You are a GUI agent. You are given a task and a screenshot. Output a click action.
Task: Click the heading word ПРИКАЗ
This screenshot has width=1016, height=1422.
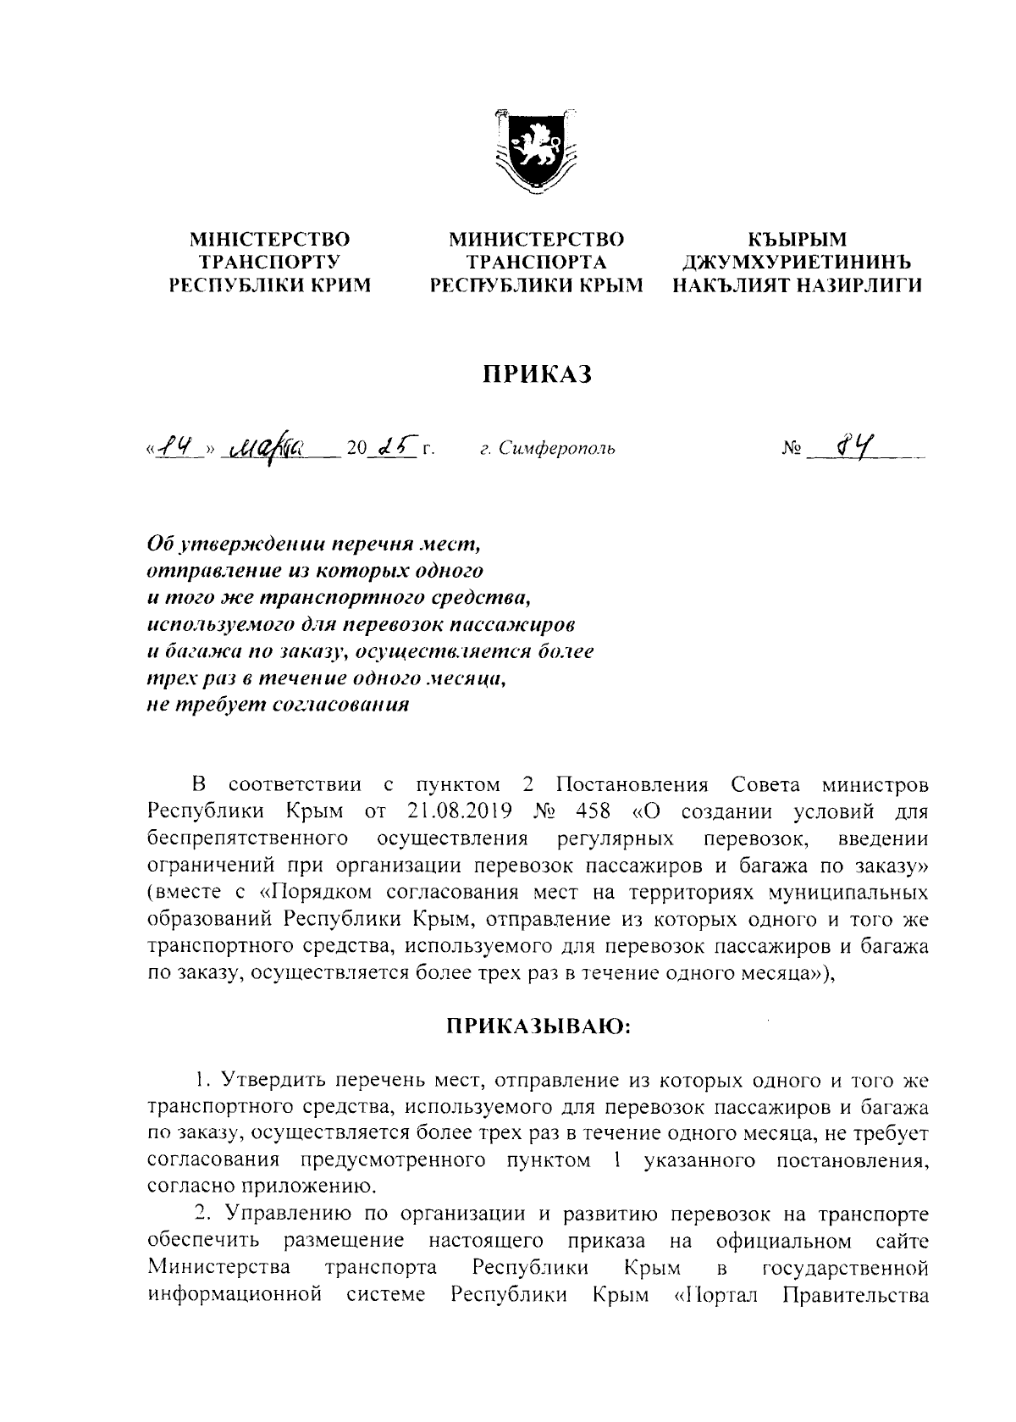pyautogui.click(x=535, y=373)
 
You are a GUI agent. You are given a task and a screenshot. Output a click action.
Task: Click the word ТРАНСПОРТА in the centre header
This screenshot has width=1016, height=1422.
pyautogui.click(x=535, y=263)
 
